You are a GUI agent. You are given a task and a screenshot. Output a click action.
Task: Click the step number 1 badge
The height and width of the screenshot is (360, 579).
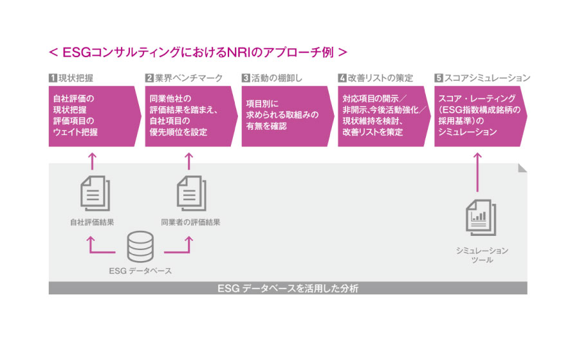click(53, 78)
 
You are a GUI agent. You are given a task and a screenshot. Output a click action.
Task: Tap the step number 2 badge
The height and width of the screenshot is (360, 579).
click(149, 78)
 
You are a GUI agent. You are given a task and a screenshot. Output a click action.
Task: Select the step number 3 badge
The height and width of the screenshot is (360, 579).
click(246, 78)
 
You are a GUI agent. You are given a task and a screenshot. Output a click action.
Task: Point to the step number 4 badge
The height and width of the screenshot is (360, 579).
click(342, 78)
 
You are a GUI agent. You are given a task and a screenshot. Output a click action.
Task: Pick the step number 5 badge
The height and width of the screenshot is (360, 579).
click(439, 78)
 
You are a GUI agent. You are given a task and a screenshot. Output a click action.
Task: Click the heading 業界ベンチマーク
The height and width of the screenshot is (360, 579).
click(188, 78)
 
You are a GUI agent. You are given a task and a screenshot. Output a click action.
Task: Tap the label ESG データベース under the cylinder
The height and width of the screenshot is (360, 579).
click(140, 271)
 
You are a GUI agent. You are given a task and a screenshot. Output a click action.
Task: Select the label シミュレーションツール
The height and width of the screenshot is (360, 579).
click(478, 255)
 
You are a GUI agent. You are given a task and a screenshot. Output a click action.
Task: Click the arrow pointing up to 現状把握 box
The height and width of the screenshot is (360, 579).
click(92, 161)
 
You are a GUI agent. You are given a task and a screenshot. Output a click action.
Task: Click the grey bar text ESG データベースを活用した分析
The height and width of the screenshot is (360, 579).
click(288, 289)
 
